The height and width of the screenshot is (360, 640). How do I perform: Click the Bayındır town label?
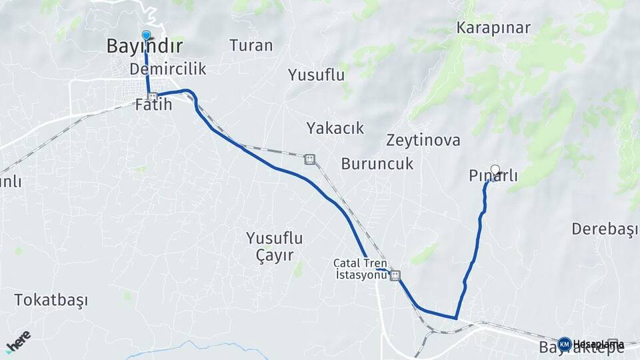pyautogui.click(x=145, y=46)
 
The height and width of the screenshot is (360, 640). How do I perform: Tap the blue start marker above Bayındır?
pyautogui.click(x=147, y=35)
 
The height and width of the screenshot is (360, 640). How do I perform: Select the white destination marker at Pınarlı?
pyautogui.click(x=495, y=169)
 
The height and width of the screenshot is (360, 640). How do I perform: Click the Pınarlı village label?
pyautogui.click(x=493, y=177)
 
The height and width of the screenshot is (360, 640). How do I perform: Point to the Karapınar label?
pyautogui.click(x=493, y=28)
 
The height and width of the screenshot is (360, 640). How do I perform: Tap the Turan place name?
pyautogui.click(x=251, y=45)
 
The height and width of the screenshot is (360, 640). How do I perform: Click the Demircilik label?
pyautogui.click(x=168, y=69)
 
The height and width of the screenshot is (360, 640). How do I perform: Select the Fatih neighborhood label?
pyautogui.click(x=153, y=105)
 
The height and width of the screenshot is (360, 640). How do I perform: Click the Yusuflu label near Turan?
pyautogui.click(x=316, y=75)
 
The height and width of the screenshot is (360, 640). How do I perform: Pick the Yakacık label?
pyautogui.click(x=335, y=128)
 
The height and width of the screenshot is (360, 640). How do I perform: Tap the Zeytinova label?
pyautogui.click(x=423, y=141)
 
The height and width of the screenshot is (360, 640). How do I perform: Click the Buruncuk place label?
pyautogui.click(x=377, y=163)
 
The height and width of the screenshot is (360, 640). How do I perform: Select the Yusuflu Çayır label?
pyautogui.click(x=275, y=246)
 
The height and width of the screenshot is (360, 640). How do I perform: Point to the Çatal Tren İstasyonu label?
pyautogui.click(x=361, y=269)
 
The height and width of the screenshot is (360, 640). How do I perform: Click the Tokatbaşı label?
pyautogui.click(x=51, y=300)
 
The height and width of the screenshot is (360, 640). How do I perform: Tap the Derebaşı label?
pyautogui.click(x=605, y=229)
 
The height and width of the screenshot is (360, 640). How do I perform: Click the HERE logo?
pyautogui.click(x=18, y=341)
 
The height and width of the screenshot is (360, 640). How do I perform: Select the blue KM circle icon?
pyautogui.click(x=565, y=344)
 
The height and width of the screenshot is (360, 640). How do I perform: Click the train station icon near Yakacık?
pyautogui.click(x=309, y=159)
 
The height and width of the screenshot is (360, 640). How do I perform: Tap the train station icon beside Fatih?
pyautogui.click(x=153, y=96)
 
